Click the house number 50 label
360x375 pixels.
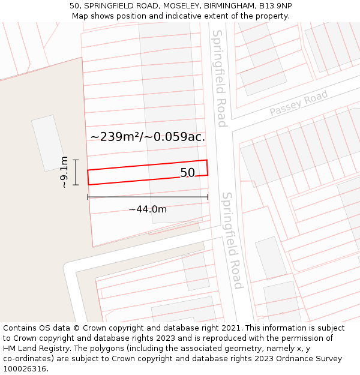187,173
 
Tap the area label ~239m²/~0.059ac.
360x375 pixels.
148,137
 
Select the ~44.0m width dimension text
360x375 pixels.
148,209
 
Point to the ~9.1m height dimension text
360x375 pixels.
64,172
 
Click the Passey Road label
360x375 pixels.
299,103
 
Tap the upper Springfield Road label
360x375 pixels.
219,78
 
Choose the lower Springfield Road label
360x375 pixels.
232,240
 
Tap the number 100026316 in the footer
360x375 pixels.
26,369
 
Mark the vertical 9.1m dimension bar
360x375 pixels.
76,172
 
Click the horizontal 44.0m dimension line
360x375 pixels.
148,197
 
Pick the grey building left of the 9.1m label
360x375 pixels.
49,143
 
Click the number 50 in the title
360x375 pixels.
75,6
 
